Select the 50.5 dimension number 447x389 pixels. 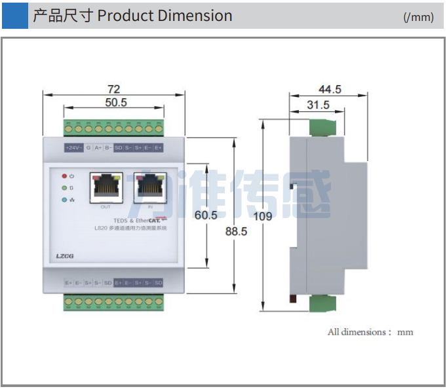pyautogui.click(x=115, y=102)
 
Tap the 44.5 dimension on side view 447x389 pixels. pyautogui.click(x=330, y=89)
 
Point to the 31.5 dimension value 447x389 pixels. pyautogui.click(x=318, y=105)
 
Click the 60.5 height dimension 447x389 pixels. pyautogui.click(x=206, y=215)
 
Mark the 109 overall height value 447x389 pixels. pyautogui.click(x=263, y=216)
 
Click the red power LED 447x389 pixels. pyautogui.click(x=64, y=176)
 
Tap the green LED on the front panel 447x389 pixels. pyautogui.click(x=64, y=188)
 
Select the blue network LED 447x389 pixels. pyautogui.click(x=64, y=199)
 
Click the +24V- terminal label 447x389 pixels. pyautogui.click(x=73, y=148)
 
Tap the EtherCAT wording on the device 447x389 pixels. pyautogui.click(x=149, y=221)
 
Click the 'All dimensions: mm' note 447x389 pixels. pyautogui.click(x=370, y=332)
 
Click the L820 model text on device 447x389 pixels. pyautogui.click(x=102, y=229)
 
